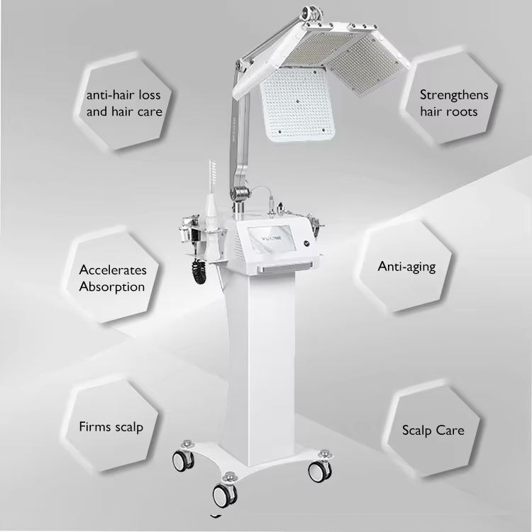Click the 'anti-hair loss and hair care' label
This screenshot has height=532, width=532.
(124, 103)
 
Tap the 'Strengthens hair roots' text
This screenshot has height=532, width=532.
(454, 103)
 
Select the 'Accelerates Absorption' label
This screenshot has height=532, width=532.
(113, 278)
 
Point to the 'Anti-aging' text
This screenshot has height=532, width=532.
(406, 267)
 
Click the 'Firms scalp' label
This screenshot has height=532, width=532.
(111, 427)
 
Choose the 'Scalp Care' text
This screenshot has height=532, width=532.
(433, 431)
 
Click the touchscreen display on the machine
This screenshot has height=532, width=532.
(270, 239)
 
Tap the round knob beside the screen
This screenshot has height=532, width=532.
(307, 243)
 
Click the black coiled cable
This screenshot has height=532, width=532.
(198, 271)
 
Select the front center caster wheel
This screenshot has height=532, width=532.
(224, 496)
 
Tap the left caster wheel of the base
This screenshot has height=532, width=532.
(182, 461)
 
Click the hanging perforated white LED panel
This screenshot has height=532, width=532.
(297, 104)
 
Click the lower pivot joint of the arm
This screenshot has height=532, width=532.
(240, 194)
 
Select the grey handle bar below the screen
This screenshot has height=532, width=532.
(284, 268)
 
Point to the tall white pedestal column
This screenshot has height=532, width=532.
(268, 367)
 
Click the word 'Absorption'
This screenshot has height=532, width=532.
(112, 287)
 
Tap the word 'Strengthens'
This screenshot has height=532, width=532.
(454, 95)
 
